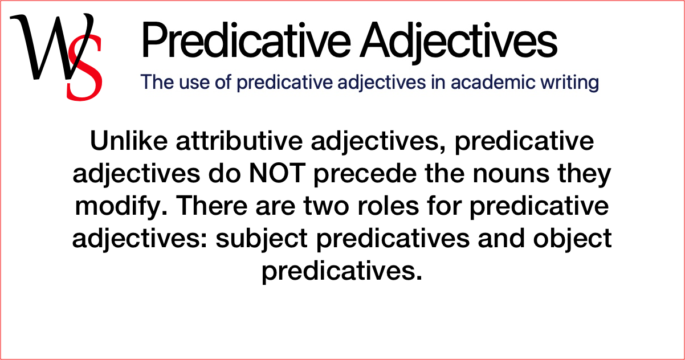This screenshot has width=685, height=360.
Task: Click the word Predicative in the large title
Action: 240,40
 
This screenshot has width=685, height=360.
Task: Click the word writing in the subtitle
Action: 570,83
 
